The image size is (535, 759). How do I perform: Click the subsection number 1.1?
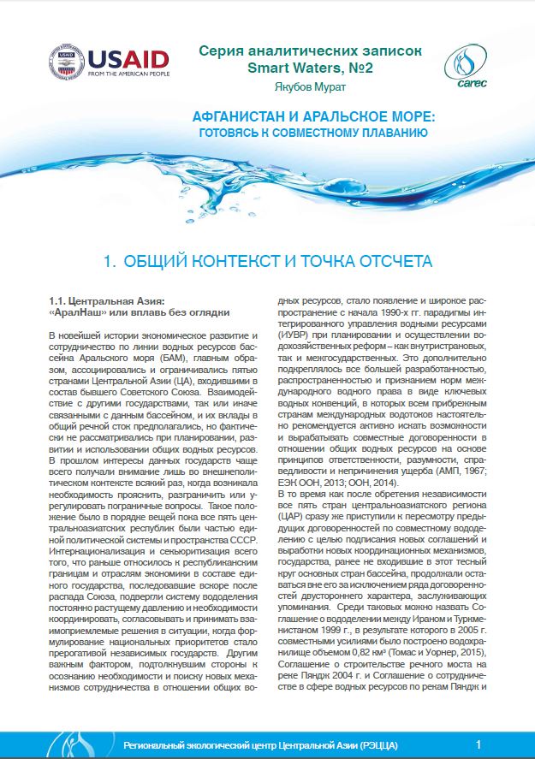pyautogui.click(x=60, y=300)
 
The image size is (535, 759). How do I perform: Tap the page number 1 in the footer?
pyautogui.click(x=478, y=744)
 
